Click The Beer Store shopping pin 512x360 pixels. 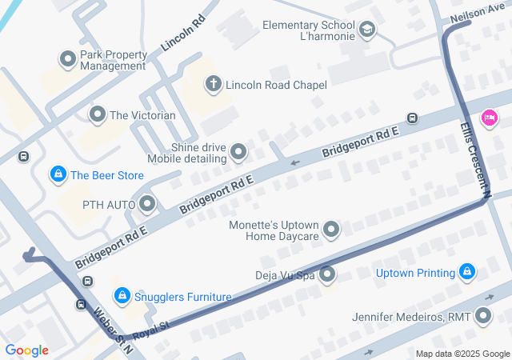tap(58, 174)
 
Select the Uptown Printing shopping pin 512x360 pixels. tap(468, 274)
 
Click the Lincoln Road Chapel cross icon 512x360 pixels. tap(213, 82)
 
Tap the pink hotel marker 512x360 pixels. tap(488, 119)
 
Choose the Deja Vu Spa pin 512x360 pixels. tap(327, 275)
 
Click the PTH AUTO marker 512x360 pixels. tap(147, 205)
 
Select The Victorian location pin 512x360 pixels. tap(98, 115)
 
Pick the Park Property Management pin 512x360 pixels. tap(68, 60)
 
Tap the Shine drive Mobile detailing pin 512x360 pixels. tap(238, 151)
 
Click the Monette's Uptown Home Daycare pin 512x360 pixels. tap(331, 230)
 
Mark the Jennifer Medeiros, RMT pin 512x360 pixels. tap(482, 317)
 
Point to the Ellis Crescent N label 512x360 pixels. tap(474, 158)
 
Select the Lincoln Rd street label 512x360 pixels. tap(179, 33)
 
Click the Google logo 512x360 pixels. tap(27, 350)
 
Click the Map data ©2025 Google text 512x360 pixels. tap(462, 354)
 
